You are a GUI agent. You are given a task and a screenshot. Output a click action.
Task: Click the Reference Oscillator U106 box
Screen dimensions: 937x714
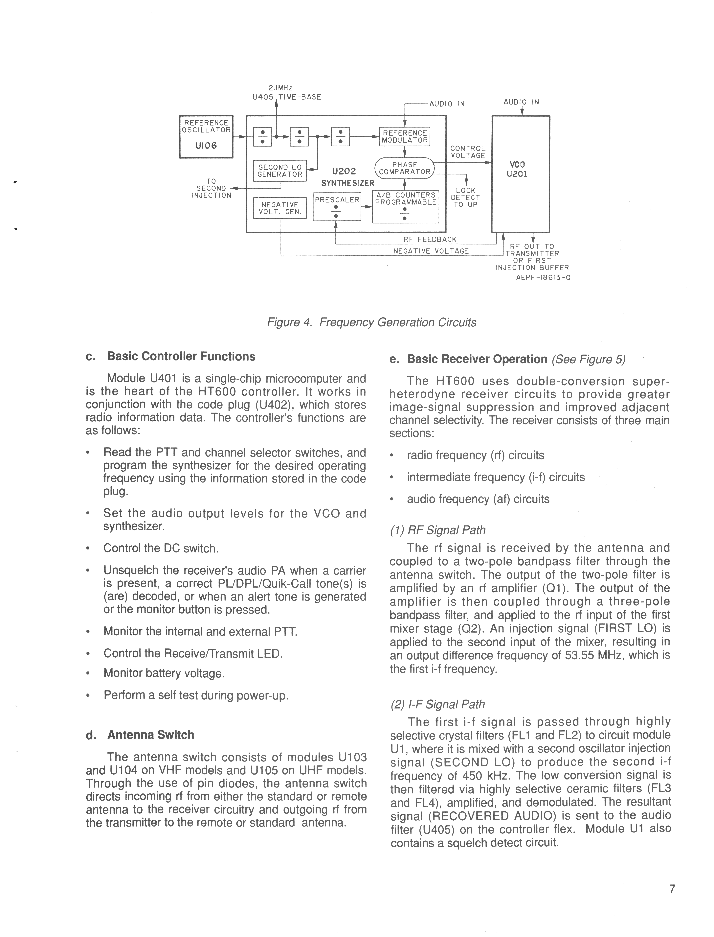(206, 136)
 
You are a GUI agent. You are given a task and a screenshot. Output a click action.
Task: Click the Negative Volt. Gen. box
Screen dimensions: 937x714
(280, 208)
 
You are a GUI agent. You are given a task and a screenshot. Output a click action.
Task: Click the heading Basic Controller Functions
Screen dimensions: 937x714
(181, 356)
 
